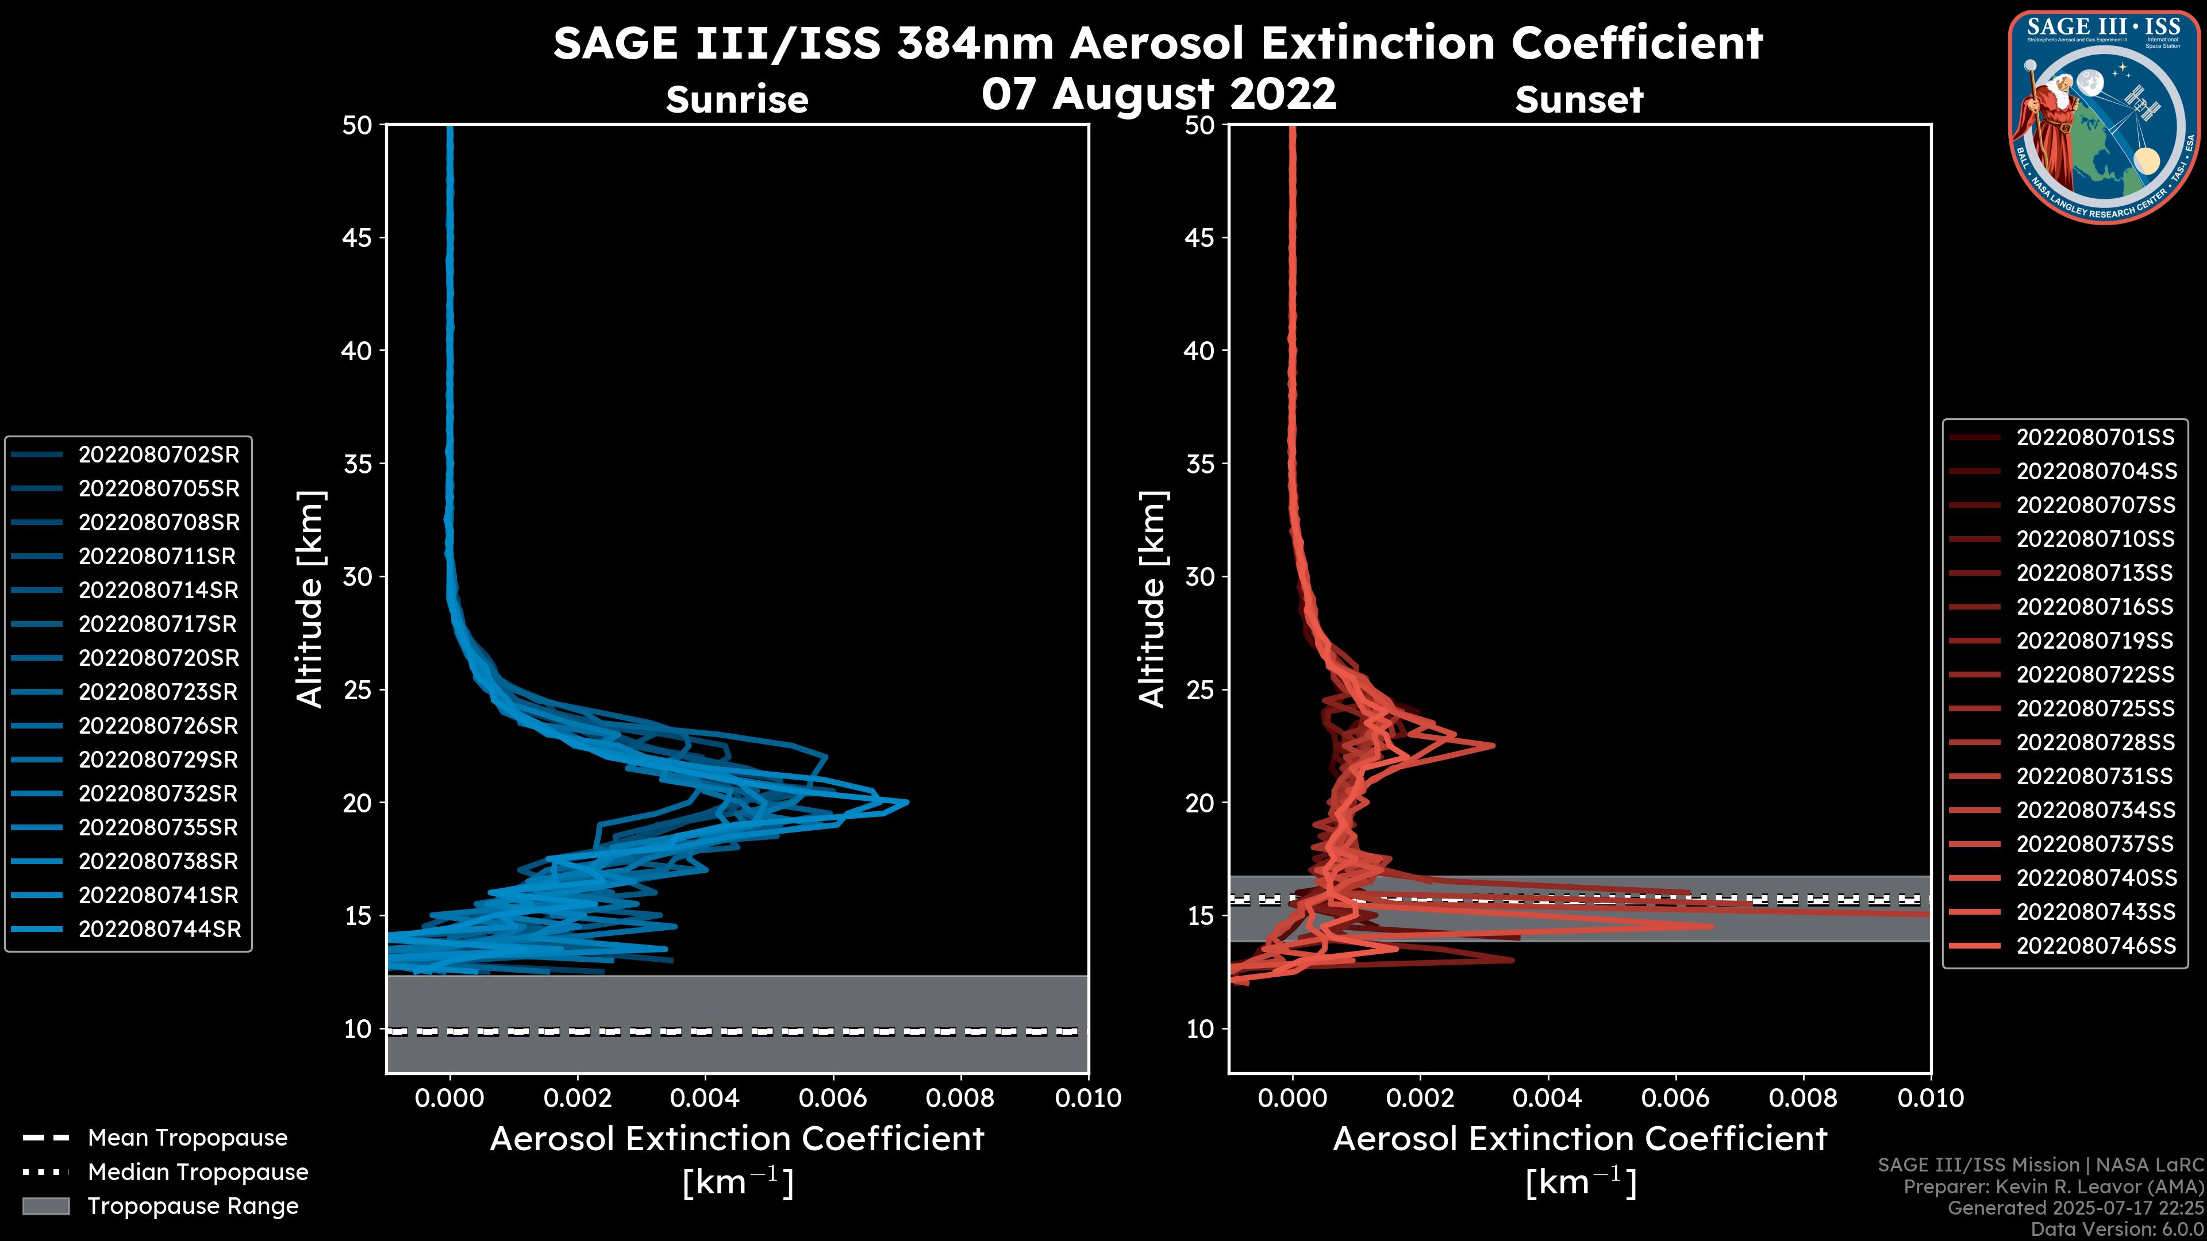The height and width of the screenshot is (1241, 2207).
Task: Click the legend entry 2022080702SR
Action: [x=159, y=455]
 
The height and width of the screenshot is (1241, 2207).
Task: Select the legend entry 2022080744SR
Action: [x=159, y=929]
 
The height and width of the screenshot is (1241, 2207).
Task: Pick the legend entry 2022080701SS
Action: [x=2095, y=438]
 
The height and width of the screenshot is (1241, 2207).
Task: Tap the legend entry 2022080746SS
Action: [x=2096, y=946]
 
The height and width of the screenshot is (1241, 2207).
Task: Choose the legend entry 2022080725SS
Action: [x=2095, y=708]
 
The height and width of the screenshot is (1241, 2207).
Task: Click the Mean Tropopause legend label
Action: [x=187, y=1138]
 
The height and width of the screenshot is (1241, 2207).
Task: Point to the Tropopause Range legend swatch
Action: [x=45, y=1206]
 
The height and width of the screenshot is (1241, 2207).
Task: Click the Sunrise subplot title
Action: [x=737, y=100]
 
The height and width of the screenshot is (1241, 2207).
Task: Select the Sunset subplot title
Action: [x=1579, y=100]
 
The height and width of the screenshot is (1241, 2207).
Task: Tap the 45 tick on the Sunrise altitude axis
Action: [x=357, y=237]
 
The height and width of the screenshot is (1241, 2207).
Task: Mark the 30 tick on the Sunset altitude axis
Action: [x=1199, y=576]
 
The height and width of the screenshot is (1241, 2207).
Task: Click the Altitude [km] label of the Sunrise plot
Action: [x=310, y=599]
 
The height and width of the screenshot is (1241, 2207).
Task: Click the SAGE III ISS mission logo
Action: [x=2104, y=117]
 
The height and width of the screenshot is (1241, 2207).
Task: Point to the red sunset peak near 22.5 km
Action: [x=1493, y=745]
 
